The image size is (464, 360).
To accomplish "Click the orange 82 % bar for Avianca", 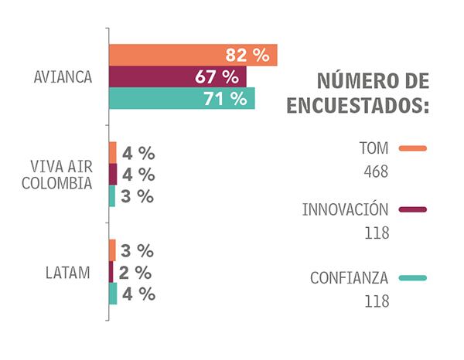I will (193, 56).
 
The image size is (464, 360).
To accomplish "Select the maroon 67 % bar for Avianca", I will (177, 77).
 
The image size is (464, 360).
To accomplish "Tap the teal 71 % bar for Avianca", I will (182, 99).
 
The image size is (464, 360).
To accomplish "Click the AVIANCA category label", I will (63, 77).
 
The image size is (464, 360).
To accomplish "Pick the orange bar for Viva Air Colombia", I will (113, 152).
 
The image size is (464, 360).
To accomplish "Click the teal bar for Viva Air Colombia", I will (112, 196).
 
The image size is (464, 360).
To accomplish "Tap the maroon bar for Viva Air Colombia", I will (113, 175).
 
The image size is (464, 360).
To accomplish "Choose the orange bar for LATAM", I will (112, 250).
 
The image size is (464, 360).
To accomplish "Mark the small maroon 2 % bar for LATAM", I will (111, 272).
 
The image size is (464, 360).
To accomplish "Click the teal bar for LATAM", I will (113, 294).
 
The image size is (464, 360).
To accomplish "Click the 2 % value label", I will (137, 273).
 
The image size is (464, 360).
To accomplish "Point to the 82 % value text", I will (247, 56).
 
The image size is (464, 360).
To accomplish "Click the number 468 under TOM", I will (376, 171).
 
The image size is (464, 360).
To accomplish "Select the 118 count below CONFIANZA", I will (376, 301).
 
